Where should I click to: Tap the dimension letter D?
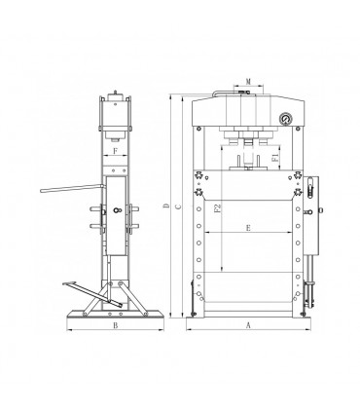point(167,206)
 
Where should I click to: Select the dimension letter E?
point(250,228)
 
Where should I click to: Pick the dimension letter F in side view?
point(115,152)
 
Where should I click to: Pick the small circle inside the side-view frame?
point(117,211)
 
